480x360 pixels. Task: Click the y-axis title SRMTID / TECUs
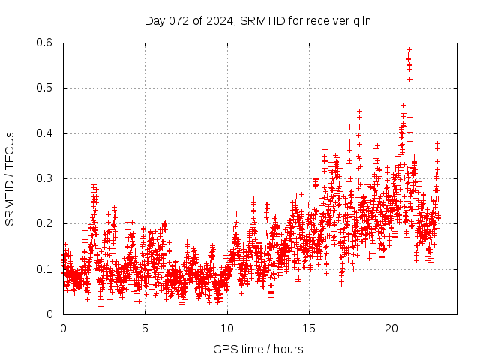[x=10, y=178]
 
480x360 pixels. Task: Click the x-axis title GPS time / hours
[x=259, y=349]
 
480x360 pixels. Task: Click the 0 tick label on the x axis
[x=63, y=328]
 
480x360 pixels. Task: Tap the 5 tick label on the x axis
[x=145, y=328]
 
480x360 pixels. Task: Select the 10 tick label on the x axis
[x=226, y=328]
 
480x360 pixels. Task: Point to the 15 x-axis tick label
[x=308, y=328]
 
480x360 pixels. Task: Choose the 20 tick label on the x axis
[x=390, y=328]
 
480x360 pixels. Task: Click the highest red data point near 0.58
[x=409, y=50]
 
